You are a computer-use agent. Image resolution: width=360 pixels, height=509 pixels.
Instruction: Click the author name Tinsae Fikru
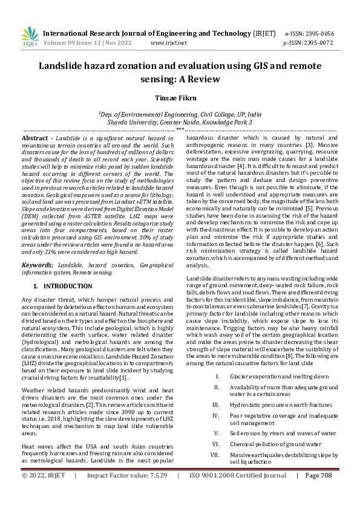[180, 97]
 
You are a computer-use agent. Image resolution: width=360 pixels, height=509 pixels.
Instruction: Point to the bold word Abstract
[36, 138]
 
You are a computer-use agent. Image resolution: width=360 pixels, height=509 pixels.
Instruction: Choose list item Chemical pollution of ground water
[275, 443]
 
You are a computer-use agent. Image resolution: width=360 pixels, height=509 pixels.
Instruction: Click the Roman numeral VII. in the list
[215, 454]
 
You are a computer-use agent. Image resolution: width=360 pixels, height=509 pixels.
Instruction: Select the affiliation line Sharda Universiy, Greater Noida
[180, 122]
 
